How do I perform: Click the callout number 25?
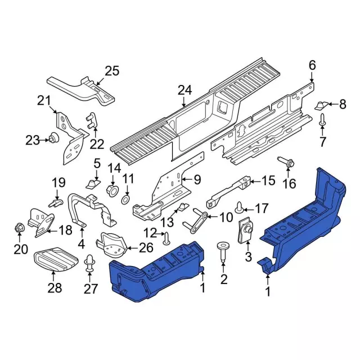(112, 71)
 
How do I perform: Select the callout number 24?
(184, 90)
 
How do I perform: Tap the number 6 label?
(312, 66)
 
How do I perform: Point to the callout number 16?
(289, 184)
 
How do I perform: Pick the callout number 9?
(197, 180)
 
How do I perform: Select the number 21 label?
(44, 101)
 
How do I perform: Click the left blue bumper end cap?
(155, 270)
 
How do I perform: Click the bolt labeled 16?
(287, 164)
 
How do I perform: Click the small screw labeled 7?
(322, 119)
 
